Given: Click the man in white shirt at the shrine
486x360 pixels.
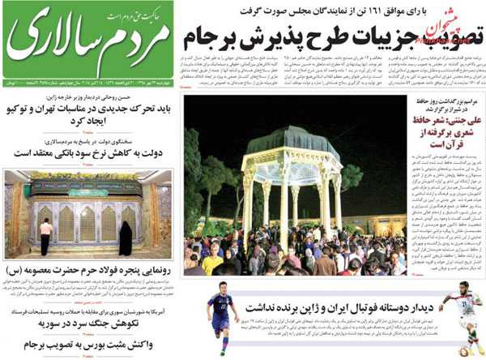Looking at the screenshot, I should pos(46,236).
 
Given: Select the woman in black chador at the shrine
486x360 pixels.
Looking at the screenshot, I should pos(126,238).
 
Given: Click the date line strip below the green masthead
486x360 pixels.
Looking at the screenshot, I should pos(87,84).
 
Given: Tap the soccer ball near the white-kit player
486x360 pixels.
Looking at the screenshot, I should pos(464,351).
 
